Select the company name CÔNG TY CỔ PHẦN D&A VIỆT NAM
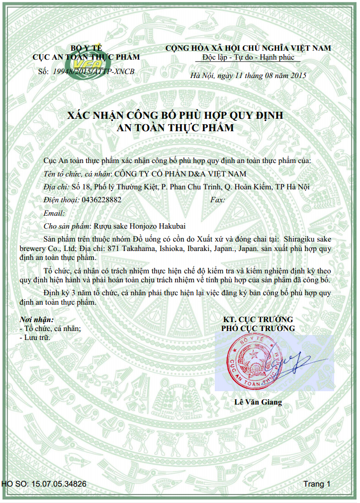[180, 174]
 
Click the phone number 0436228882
[101, 200]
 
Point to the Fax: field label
[218, 200]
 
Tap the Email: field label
[55, 213]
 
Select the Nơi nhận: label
[36, 320]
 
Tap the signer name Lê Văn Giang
[258, 402]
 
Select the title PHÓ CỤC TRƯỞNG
[258, 328]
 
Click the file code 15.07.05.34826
[59, 484]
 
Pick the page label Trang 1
[317, 484]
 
